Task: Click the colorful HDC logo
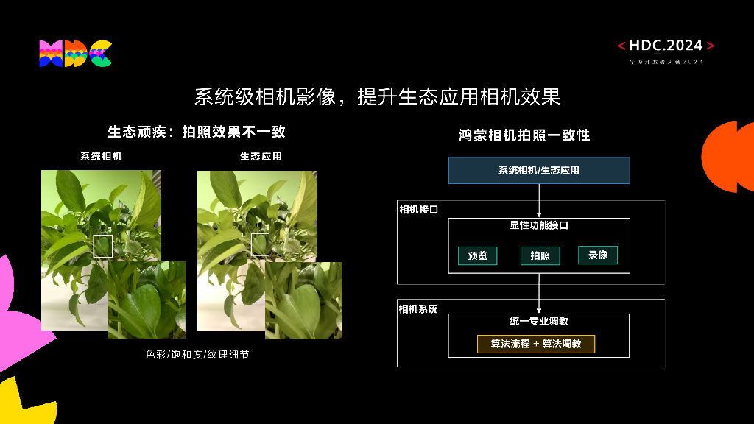point(75,54)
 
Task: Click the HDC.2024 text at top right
point(666,46)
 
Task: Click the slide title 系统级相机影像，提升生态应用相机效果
point(377,96)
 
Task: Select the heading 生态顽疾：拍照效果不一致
point(197,132)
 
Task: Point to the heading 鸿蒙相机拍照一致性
point(524,135)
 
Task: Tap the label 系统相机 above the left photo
point(101,157)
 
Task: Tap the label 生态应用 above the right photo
point(261,157)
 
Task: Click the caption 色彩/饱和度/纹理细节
point(197,355)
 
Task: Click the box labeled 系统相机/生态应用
point(539,170)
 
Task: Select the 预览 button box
point(477,255)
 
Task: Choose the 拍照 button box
point(540,255)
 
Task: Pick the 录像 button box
point(597,255)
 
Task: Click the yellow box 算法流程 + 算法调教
point(535,344)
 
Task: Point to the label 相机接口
point(418,210)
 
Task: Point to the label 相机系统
point(418,309)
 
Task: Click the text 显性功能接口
point(539,226)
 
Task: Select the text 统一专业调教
point(539,322)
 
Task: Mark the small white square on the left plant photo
point(103,246)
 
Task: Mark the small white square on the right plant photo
point(261,244)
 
